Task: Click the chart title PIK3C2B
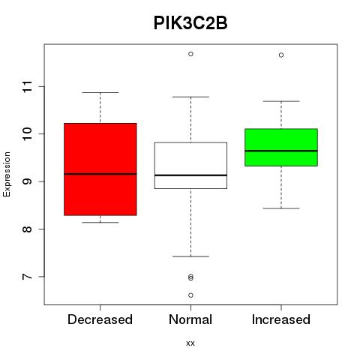point(190,23)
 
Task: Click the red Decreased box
point(100,169)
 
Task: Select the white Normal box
point(190,166)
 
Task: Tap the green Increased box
point(281,147)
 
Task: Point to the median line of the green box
point(281,151)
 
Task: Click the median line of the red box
point(100,174)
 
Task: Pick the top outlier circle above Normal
point(190,54)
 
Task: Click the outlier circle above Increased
point(281,55)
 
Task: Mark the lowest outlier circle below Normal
point(190,295)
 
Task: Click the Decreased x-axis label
point(100,319)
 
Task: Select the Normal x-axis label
point(190,319)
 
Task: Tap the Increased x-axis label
point(281,319)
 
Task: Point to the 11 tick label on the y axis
point(28,86)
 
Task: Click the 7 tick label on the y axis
point(28,277)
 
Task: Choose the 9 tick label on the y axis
point(28,181)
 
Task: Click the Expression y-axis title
point(7,174)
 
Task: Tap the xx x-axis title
point(190,343)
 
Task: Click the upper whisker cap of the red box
point(100,92)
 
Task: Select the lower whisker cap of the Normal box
point(190,256)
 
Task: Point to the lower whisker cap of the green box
point(281,208)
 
